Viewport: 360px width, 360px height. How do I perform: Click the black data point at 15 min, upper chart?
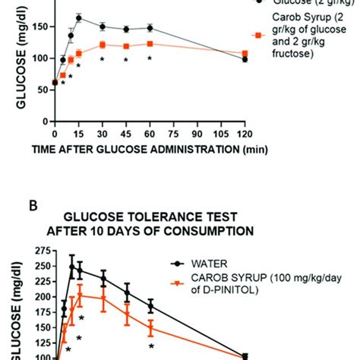click(x=79, y=17)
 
